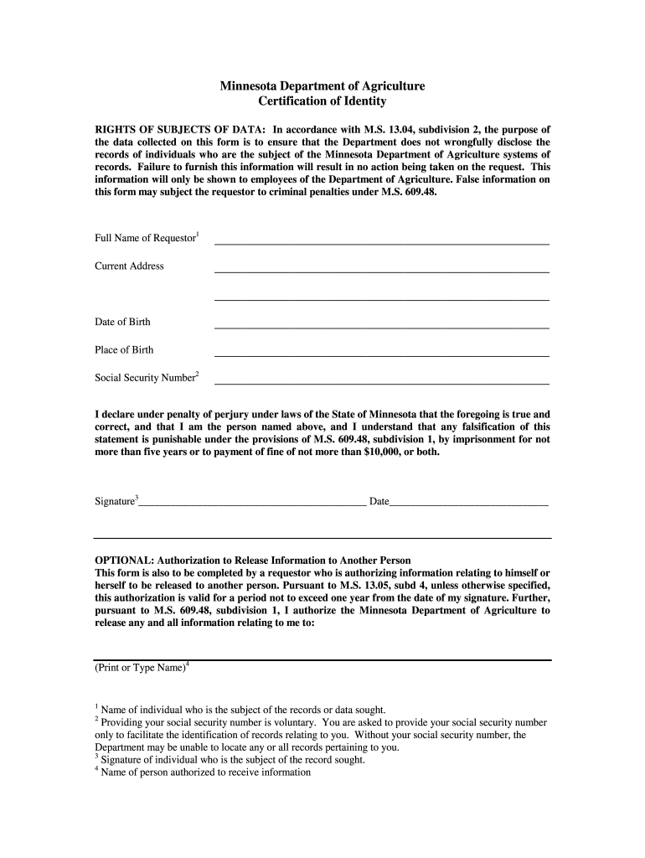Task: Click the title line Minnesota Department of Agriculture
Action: pyautogui.click(x=322, y=86)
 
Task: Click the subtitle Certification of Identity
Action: pyautogui.click(x=322, y=101)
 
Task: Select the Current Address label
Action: pyautogui.click(x=129, y=266)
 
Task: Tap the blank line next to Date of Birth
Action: pyautogui.click(x=382, y=326)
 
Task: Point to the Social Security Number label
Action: pyautogui.click(x=145, y=378)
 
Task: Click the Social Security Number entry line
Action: pyautogui.click(x=382, y=382)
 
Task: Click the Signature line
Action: pyautogui.click(x=252, y=505)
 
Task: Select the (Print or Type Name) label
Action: pyautogui.click(x=140, y=668)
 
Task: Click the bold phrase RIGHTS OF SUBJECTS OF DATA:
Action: pyautogui.click(x=180, y=130)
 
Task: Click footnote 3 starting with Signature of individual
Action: pyautogui.click(x=232, y=760)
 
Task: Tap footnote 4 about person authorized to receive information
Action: pyautogui.click(x=205, y=773)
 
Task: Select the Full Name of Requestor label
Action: pyautogui.click(x=145, y=238)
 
